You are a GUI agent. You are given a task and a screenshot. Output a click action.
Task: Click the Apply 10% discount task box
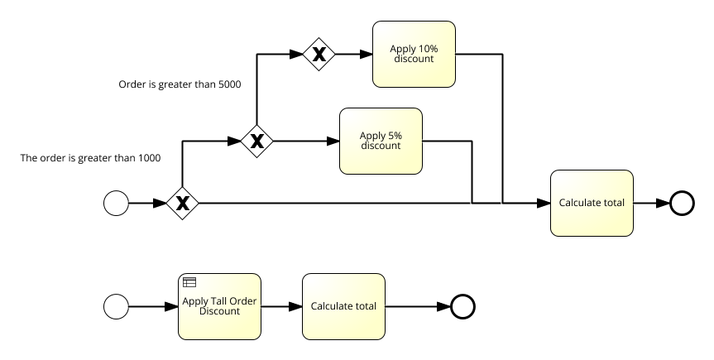point(414,54)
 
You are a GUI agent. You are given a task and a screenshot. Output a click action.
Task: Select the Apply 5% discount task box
point(381,141)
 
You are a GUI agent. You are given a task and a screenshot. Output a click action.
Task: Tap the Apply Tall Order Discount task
point(219,306)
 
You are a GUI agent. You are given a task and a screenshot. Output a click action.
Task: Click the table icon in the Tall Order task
point(189,282)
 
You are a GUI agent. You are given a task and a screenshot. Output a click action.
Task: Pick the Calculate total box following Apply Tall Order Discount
point(343,306)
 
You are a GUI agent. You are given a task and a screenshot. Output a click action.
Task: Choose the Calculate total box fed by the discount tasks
point(592,203)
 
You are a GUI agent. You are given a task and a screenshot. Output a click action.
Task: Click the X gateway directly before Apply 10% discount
point(319,55)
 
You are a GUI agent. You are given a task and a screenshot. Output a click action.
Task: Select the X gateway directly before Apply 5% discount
point(257,142)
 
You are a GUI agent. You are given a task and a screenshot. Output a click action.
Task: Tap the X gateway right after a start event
point(181,203)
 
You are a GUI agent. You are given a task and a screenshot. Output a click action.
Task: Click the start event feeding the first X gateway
point(117,203)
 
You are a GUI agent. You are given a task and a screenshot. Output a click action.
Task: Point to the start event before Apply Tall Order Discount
point(117,307)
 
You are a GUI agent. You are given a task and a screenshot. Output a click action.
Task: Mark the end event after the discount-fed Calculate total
point(682,203)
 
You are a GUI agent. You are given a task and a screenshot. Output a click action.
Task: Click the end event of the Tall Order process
point(462,307)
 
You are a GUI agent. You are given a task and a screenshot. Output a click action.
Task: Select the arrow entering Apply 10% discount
point(353,55)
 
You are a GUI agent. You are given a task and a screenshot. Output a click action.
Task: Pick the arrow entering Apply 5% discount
point(306,142)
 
